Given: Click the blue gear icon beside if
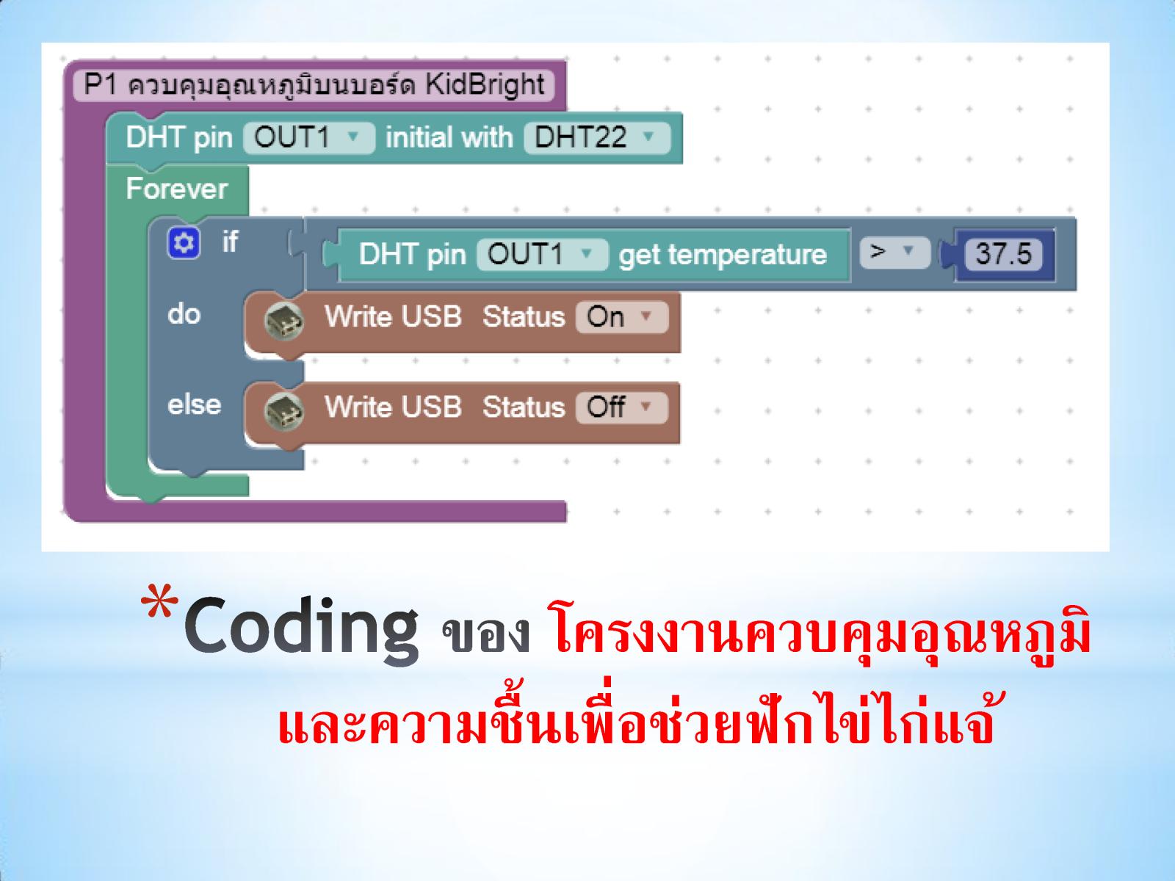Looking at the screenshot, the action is coord(184,243).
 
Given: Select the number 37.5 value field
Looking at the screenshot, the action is coord(1003,253).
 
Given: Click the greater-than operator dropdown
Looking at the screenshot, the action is coord(894,252).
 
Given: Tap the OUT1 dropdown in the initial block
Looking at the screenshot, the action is coord(309,137).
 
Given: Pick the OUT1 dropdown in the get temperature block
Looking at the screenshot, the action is coord(542,254).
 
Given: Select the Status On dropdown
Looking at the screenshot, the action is coord(622,316).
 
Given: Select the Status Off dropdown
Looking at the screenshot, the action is coord(622,407).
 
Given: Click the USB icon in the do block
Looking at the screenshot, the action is coord(283,321).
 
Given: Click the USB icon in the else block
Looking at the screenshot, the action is coord(283,411).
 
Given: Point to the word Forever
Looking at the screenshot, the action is coord(177,189).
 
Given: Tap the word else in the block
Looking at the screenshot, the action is coord(194,405).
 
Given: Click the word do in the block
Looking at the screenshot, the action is coord(184,314).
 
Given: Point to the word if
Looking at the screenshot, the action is coord(230,242).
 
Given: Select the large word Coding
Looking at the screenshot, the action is coord(301,630).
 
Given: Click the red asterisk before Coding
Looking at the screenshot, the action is coord(159,602).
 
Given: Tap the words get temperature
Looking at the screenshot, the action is coord(723,255).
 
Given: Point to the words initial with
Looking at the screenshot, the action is coord(449,137).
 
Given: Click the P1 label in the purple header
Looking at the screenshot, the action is coord(100,84).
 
